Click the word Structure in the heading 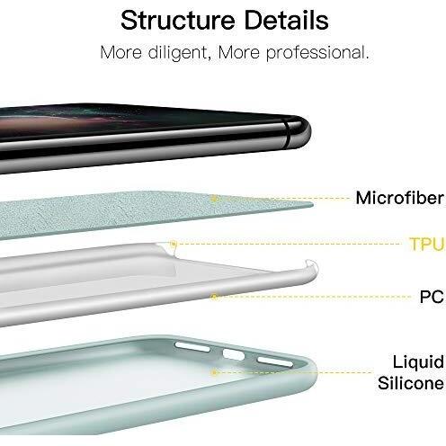point(178,20)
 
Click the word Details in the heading point(287,20)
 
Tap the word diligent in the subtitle point(177,53)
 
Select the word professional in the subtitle point(317,53)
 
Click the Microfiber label point(400,198)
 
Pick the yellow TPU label point(427,244)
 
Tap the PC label point(432,297)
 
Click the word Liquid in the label point(418,362)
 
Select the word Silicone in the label point(411,383)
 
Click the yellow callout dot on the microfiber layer point(214,198)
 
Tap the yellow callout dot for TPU point(174,244)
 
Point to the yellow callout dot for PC point(214,297)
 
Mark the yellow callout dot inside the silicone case point(214,372)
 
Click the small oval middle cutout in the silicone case point(234,354)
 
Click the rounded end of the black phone point(301,133)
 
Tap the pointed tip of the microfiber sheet point(313,205)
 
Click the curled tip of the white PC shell point(312,263)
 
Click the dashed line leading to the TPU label point(290,244)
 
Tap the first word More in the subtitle point(121,53)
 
